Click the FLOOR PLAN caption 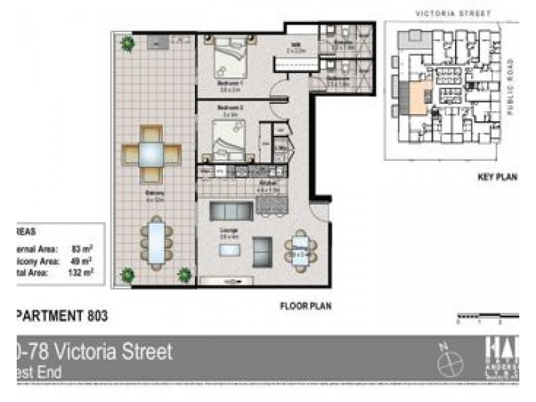[306, 306]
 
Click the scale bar [487, 314]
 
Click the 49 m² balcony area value [82, 260]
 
